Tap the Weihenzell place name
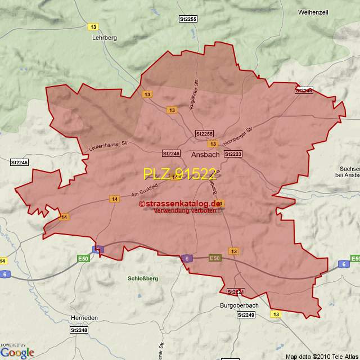[313, 12]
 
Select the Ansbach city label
[205, 154]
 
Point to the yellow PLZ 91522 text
[179, 174]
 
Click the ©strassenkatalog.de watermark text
[179, 204]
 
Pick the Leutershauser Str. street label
[108, 146]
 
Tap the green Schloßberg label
[143, 278]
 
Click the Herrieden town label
[84, 318]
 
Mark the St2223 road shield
[233, 154]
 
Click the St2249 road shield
[246, 315]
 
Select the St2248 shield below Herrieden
[79, 330]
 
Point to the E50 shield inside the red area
[214, 258]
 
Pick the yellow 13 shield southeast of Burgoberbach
[276, 314]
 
